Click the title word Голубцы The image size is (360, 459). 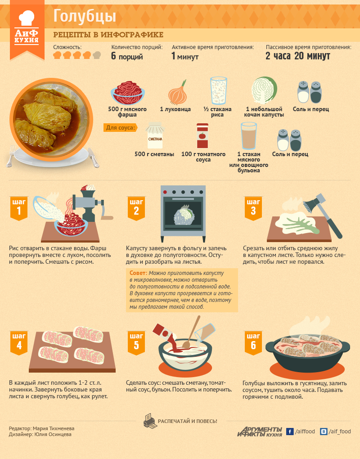[85, 17]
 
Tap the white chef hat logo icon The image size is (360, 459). [27, 18]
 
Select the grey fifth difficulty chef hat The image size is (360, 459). [97, 55]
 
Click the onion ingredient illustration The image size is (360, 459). [178, 93]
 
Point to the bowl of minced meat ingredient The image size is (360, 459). [128, 93]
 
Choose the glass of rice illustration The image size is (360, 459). [219, 90]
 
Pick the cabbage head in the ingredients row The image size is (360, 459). [264, 90]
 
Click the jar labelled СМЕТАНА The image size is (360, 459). [155, 135]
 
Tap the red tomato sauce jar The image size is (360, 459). [202, 136]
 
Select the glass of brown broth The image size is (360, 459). [249, 136]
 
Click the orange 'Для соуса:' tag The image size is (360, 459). [120, 128]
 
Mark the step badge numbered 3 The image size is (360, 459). [253, 208]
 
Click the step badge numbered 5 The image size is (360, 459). [136, 343]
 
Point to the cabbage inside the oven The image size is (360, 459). [184, 215]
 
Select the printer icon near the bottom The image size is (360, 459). [150, 421]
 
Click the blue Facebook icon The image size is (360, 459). [290, 432]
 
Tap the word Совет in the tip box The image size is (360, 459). [138, 273]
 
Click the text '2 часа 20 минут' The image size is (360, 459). [297, 56]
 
